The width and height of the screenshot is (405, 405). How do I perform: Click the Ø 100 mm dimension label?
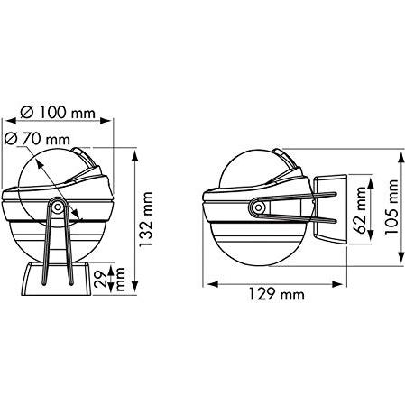tap(58, 113)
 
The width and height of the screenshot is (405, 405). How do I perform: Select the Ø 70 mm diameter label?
tap(37, 139)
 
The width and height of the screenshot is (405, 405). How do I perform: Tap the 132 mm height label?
tap(146, 219)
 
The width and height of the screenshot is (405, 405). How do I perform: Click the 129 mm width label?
tap(276, 294)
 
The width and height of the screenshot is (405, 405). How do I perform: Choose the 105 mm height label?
tap(391, 207)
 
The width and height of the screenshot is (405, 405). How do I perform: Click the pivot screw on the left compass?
tap(57, 207)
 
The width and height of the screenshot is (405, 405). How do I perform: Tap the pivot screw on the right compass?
tap(258, 207)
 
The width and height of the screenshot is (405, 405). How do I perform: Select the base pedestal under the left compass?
tap(56, 279)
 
